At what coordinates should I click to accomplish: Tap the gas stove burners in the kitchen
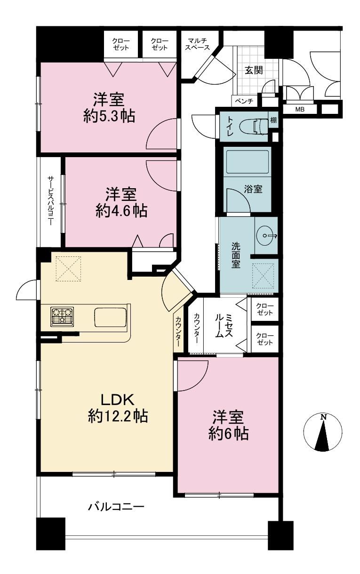tap(62, 316)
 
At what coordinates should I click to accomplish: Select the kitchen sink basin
tap(111, 317)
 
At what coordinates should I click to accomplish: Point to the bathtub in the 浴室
tap(247, 162)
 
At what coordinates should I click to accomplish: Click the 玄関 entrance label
tap(254, 70)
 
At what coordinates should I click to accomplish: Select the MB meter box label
tap(300, 110)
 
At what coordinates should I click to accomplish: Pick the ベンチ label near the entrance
tap(244, 101)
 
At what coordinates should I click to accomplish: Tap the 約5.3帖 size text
tap(109, 117)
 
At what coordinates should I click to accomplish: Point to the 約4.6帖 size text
tap(121, 211)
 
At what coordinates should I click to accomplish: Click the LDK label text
tap(118, 399)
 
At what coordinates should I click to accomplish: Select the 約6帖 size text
tap(228, 432)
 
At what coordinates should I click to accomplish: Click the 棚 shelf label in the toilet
tap(273, 120)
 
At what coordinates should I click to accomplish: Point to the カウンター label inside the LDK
tap(178, 331)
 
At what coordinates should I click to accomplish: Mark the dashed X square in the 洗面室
tap(263, 276)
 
